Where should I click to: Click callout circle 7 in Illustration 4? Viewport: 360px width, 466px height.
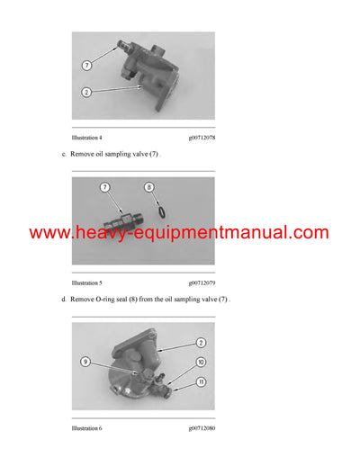coord(86,66)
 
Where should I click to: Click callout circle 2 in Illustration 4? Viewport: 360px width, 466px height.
coord(86,93)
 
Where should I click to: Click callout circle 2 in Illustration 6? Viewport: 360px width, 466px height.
coord(201,343)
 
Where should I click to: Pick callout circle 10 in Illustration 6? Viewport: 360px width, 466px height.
coord(201,362)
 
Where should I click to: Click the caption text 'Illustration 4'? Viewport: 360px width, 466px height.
coord(87,138)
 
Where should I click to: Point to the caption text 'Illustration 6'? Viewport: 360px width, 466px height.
coord(87,428)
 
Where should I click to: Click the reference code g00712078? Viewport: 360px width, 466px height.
coord(202,138)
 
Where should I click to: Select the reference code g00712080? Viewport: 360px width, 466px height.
coord(202,428)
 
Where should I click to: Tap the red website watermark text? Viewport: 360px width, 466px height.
coord(179,233)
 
